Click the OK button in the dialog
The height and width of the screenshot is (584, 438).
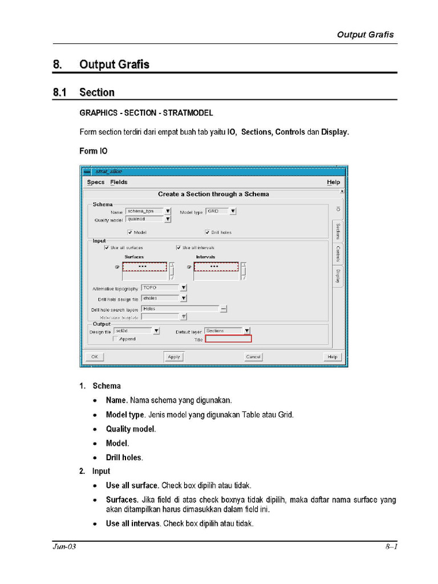95,356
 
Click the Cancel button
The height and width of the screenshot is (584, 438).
253,356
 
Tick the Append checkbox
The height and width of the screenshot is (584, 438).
115,339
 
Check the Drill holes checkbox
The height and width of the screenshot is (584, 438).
208,232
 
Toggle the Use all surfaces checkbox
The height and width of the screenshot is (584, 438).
107,248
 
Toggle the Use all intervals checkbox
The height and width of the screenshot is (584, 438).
179,248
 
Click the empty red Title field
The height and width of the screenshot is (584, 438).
228,339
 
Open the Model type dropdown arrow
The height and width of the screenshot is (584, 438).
233,211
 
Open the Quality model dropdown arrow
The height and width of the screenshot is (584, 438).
168,218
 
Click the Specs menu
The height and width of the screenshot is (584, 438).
96,182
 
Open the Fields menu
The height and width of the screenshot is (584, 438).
119,182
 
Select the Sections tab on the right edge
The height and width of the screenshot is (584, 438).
338,231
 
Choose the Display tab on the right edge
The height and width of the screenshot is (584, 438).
338,277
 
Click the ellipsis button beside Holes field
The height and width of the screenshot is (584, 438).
224,309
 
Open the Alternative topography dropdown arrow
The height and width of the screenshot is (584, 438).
184,288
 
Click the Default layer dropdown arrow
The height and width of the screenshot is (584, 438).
246,330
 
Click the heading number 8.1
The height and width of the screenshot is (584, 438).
60,92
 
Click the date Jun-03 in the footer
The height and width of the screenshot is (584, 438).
64,547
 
